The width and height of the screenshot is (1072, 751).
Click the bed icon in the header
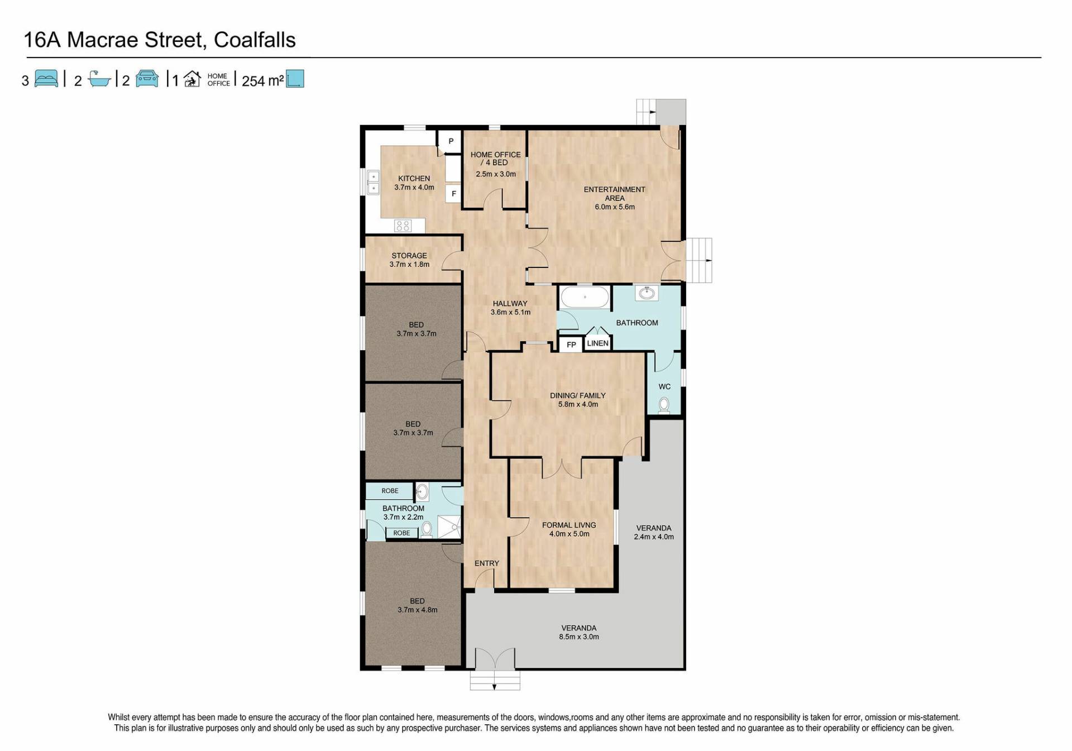(46, 79)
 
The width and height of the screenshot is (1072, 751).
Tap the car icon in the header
(147, 79)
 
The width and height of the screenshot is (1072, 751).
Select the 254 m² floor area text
(262, 81)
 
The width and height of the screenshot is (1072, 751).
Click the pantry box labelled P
(451, 142)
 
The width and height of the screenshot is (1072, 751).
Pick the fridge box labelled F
(453, 194)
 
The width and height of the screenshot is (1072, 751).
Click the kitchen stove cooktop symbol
(403, 226)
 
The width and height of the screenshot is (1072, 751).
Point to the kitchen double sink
(373, 182)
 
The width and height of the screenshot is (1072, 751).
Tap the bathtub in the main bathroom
(585, 297)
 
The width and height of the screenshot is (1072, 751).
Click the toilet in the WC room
(664, 404)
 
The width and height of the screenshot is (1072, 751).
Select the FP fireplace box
(571, 345)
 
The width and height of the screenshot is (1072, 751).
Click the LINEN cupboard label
(597, 343)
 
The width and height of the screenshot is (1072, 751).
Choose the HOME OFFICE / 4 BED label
(495, 159)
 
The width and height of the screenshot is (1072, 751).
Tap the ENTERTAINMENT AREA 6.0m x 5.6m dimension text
(615, 207)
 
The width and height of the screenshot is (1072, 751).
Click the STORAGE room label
(409, 256)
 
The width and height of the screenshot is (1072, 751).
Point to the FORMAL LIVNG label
(569, 525)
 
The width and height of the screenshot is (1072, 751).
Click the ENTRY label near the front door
(487, 563)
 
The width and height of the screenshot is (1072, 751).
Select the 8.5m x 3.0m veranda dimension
(579, 637)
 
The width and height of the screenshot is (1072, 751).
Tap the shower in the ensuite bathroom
(449, 527)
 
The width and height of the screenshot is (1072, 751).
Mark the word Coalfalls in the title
(255, 40)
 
